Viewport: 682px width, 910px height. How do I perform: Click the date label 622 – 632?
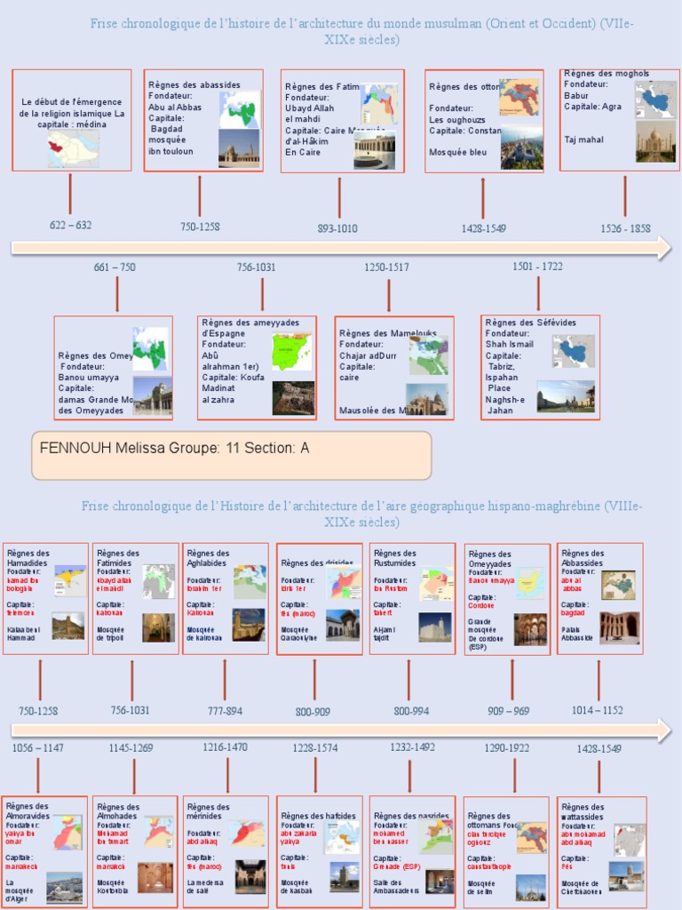point(70,225)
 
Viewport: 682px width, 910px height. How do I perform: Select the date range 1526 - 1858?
point(625,228)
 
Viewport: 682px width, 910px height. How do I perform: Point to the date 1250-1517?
point(386,267)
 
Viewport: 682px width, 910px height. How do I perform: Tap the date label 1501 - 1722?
point(537,266)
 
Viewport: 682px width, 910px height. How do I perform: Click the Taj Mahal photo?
point(655,141)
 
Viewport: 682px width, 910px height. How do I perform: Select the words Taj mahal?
point(583,140)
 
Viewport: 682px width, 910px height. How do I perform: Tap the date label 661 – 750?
point(115,267)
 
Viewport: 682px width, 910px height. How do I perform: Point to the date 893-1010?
point(337,228)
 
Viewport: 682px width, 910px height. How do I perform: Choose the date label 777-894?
point(224,711)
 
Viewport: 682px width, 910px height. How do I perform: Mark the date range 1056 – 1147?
point(37,748)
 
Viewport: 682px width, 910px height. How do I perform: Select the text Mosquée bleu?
point(458,152)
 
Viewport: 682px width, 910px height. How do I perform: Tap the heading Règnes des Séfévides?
point(530,322)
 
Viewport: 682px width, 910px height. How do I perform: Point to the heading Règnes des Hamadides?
point(28,557)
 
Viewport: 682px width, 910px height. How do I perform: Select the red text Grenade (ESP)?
point(397,866)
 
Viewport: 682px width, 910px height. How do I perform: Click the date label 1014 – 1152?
point(598,710)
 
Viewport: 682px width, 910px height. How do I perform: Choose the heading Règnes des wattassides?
point(583,811)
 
